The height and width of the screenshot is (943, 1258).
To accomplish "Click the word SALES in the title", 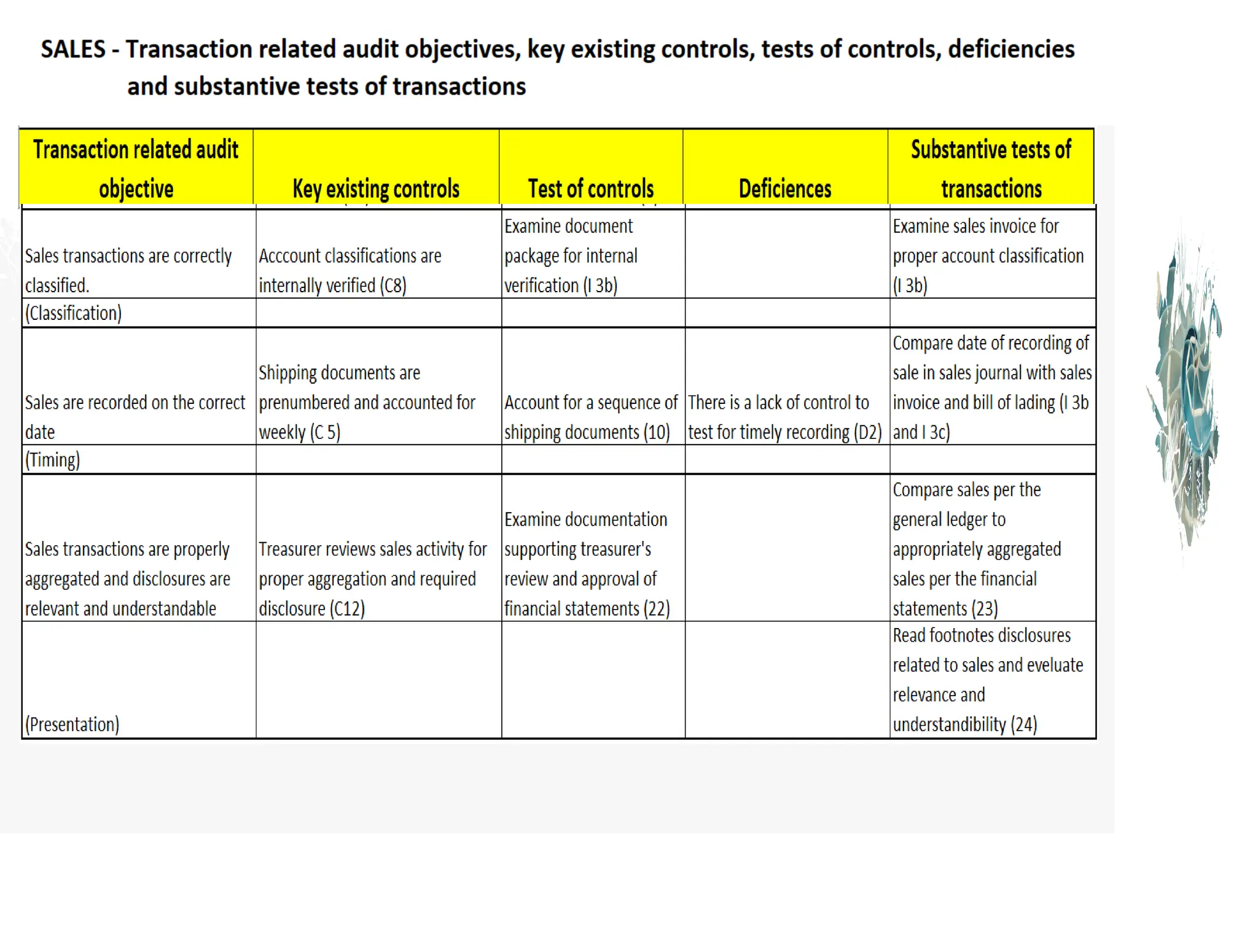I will click(x=73, y=49).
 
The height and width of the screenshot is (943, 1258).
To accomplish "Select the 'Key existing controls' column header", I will click(x=376, y=188).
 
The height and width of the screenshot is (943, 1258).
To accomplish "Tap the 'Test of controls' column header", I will click(x=591, y=188).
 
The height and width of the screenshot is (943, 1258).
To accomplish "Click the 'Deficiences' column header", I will click(x=785, y=188).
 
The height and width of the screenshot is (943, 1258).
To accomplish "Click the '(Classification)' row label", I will click(x=73, y=313).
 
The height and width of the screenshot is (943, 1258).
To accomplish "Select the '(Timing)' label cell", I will click(x=52, y=460).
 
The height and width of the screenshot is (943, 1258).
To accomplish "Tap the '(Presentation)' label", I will click(x=72, y=724).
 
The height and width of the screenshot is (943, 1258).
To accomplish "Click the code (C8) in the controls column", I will click(x=393, y=285).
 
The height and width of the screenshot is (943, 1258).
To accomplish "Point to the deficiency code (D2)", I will click(x=868, y=432).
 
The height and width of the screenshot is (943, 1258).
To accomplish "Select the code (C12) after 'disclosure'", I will click(x=348, y=609).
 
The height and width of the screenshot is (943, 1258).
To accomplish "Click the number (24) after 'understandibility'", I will click(x=1023, y=724).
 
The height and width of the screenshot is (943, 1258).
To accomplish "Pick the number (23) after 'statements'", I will click(x=985, y=609).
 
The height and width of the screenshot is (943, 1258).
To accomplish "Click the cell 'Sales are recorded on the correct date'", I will click(x=135, y=417).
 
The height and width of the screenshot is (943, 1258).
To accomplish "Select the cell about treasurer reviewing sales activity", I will click(x=373, y=578).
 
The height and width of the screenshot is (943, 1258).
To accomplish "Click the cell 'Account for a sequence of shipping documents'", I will click(x=591, y=417).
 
